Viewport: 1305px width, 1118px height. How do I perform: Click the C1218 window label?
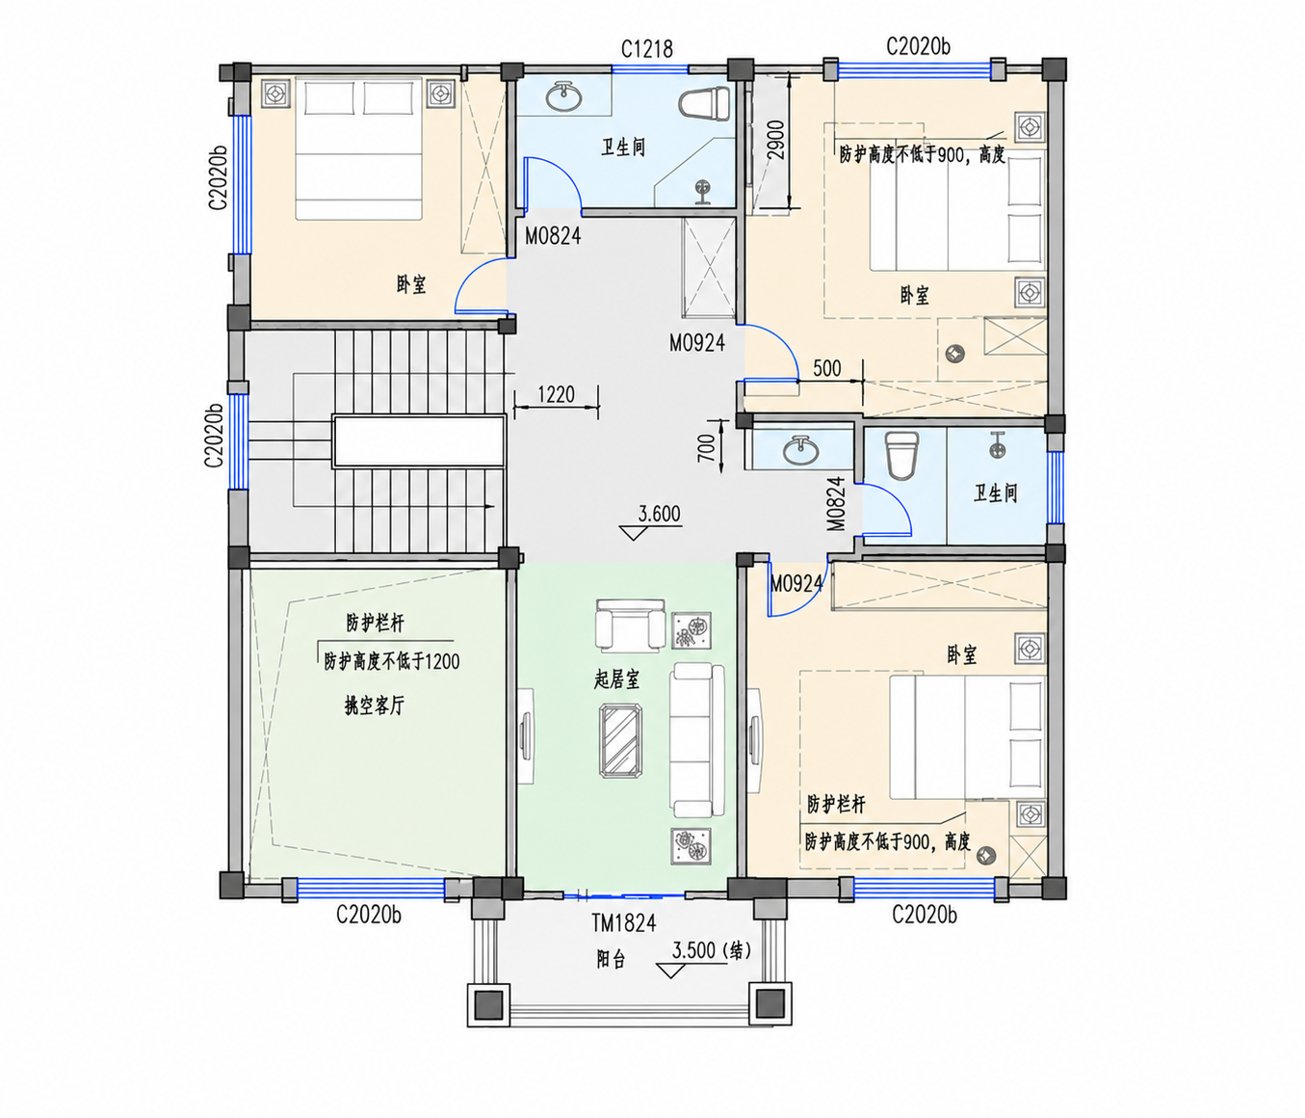646,48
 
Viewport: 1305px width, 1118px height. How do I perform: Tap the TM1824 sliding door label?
624,923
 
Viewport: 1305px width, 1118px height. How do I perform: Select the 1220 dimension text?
557,394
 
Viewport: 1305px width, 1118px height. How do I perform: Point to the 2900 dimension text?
775,140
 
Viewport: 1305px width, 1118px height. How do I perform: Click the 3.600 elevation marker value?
659,513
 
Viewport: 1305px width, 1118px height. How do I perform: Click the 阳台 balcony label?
611,960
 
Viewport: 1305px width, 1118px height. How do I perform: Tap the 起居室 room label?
616,680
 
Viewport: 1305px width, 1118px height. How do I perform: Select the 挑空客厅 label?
374,705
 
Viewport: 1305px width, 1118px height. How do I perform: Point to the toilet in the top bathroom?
705,103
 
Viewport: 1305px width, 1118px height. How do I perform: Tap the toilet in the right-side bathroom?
900,454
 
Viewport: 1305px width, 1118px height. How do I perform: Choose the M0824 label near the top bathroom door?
553,236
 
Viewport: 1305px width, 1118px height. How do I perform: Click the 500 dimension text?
827,368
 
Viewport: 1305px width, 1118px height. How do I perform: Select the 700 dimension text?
707,448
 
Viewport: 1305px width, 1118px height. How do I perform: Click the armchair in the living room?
630,626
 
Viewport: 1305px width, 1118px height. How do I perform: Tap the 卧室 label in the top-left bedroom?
411,284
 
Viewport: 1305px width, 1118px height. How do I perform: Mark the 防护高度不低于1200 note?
391,661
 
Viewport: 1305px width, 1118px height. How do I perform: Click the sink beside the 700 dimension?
800,450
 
